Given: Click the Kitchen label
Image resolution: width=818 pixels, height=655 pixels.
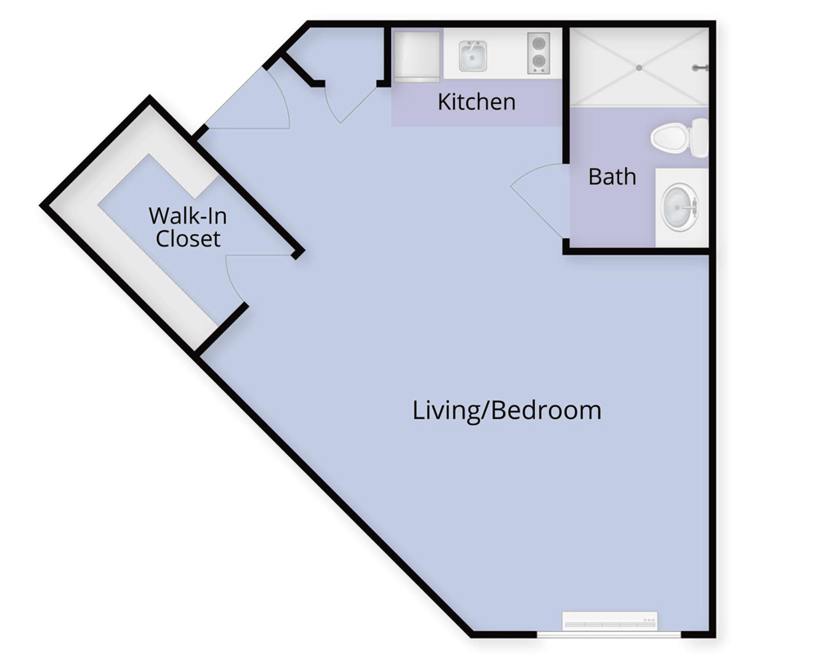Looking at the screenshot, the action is (476, 102).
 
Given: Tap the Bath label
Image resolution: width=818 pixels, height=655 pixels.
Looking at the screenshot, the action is (612, 177).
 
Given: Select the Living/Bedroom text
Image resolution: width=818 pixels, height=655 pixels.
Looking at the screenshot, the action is (506, 410).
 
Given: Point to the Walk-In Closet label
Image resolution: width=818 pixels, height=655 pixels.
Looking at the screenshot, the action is (188, 228).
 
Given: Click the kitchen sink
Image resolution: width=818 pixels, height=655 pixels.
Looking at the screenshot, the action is (473, 56).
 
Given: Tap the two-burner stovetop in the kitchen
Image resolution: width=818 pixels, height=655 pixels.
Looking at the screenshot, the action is (538, 52).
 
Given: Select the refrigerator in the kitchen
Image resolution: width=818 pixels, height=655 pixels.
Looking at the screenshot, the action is (416, 56).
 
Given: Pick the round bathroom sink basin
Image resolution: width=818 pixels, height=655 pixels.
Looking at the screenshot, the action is (680, 208).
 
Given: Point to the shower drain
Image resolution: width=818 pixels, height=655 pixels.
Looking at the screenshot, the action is (639, 68).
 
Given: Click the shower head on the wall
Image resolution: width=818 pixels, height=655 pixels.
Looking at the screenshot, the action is (700, 68).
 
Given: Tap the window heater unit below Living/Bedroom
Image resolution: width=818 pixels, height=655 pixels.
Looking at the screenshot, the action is (609, 621).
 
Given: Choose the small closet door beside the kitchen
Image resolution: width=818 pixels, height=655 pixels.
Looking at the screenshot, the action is (352, 105).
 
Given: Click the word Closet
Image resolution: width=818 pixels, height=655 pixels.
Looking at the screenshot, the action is (188, 239).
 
